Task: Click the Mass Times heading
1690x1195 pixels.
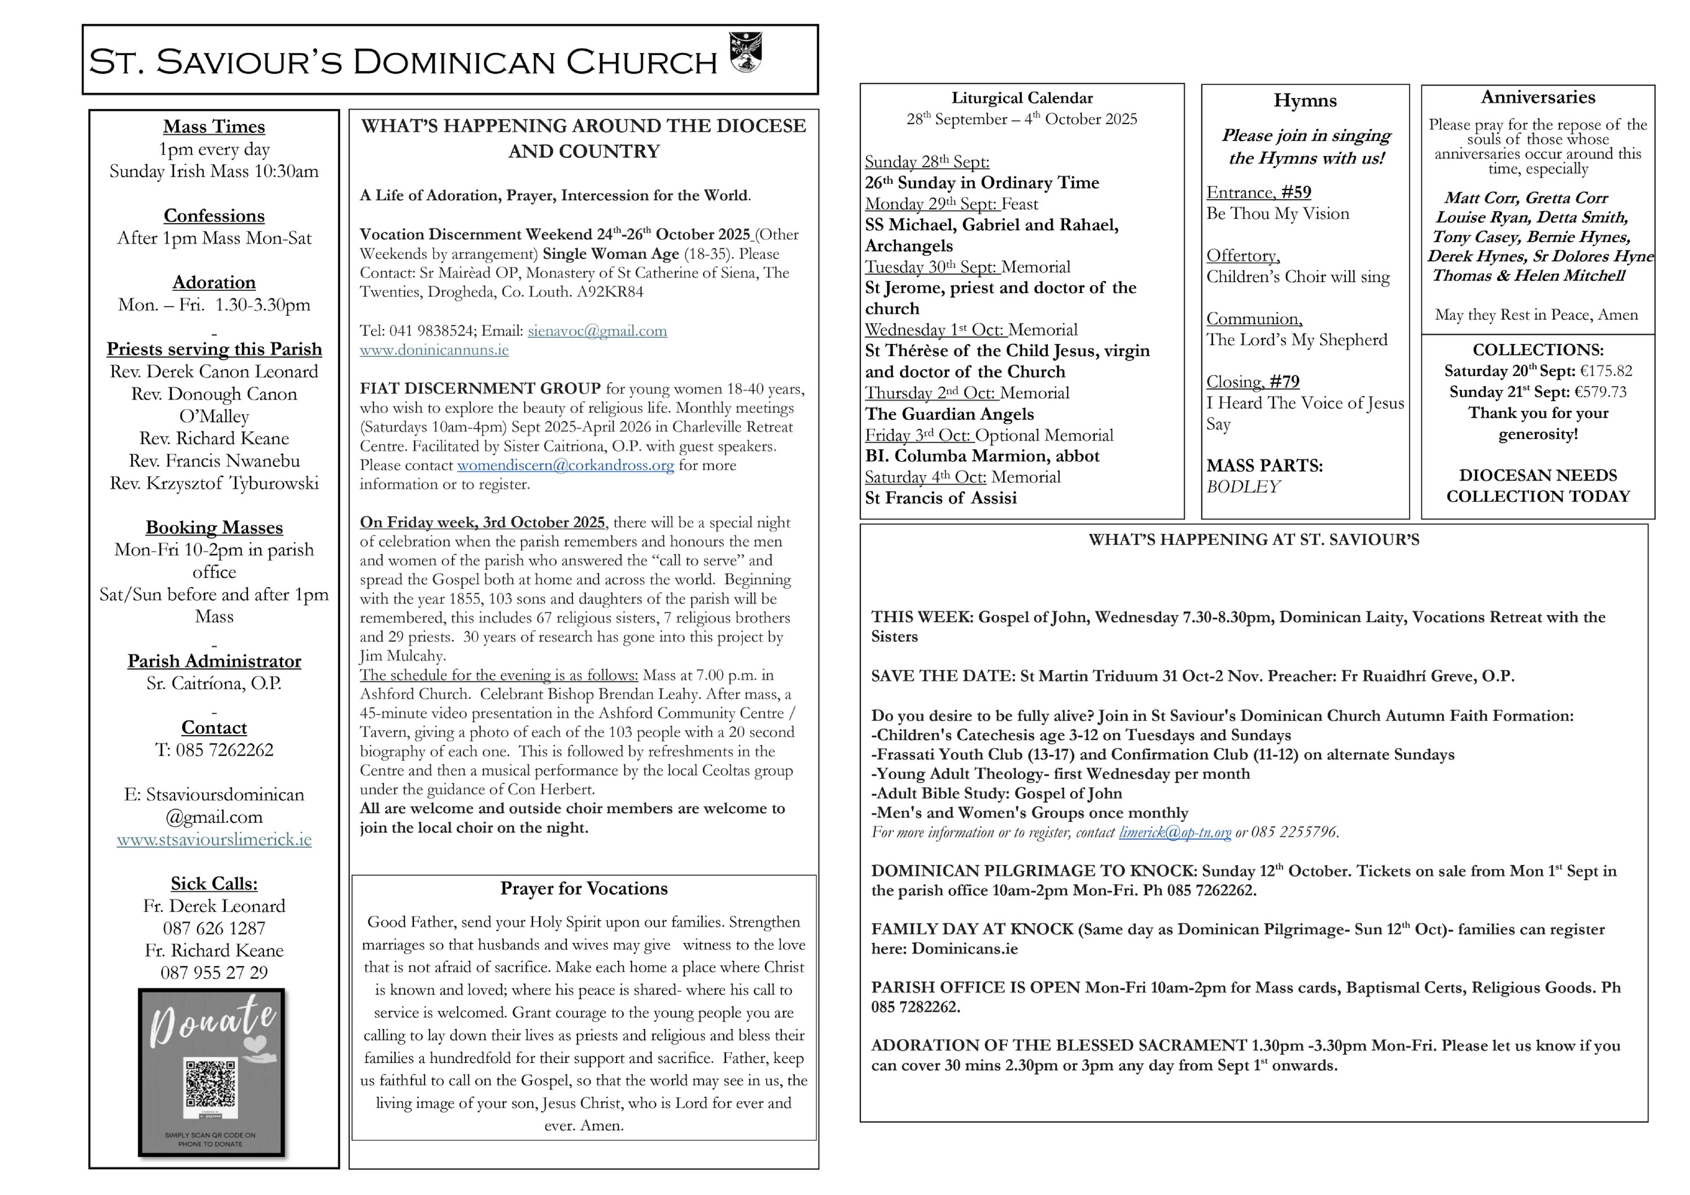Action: [214, 127]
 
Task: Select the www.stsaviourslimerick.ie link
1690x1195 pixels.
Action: [214, 839]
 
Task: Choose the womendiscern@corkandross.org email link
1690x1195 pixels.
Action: [565, 465]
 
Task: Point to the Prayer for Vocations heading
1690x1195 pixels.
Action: [584, 889]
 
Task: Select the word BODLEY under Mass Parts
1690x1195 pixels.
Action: [1243, 487]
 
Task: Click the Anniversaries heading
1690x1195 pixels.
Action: [1538, 97]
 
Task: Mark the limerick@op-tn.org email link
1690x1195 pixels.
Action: [1175, 832]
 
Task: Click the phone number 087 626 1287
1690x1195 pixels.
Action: [214, 929]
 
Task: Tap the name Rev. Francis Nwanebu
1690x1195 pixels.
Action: [214, 461]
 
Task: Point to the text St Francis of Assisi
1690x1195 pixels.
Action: [941, 498]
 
